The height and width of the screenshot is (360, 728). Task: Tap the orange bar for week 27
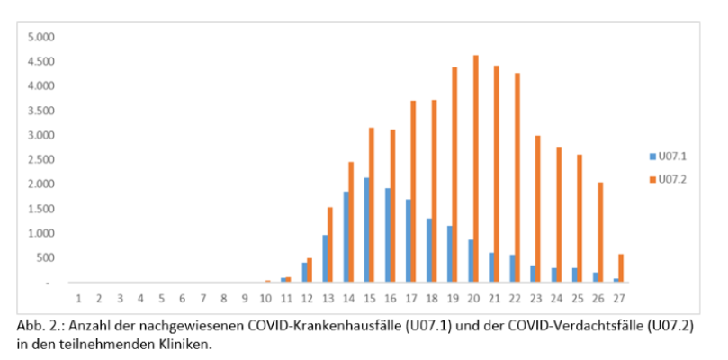click(x=621, y=268)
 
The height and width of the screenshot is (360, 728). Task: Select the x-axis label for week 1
click(x=78, y=297)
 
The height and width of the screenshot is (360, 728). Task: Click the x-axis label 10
click(x=265, y=297)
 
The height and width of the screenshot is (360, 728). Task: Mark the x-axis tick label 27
click(x=618, y=297)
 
